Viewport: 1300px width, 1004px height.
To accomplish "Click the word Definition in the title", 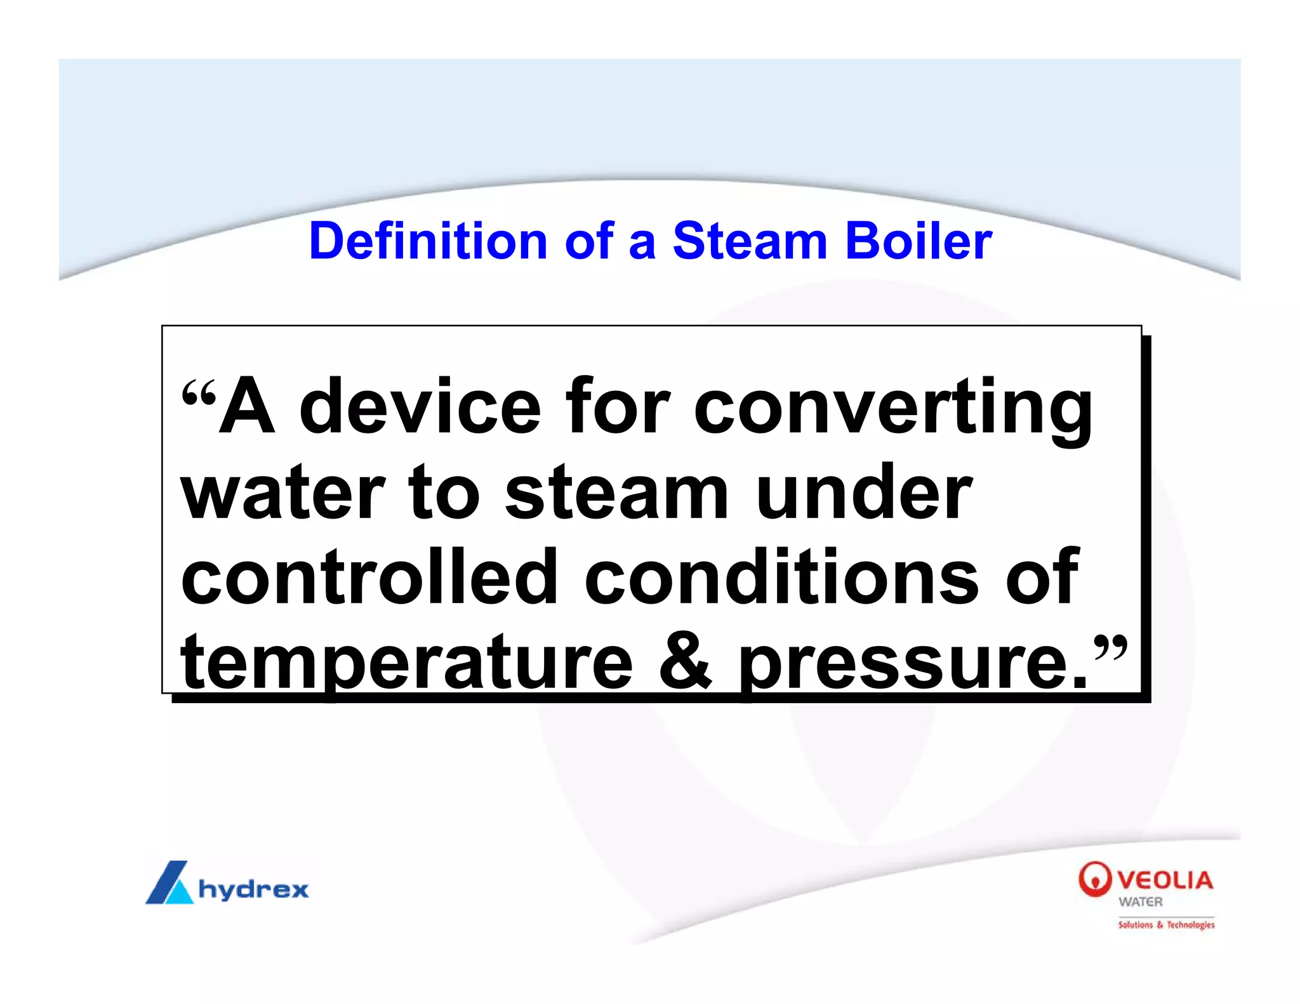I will (428, 241).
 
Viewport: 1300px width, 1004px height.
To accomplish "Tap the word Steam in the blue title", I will (750, 241).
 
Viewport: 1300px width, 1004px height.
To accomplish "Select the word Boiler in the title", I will (919, 241).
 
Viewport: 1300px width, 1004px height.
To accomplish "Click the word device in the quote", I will (420, 406).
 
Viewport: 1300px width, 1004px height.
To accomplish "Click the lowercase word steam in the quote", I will (616, 492).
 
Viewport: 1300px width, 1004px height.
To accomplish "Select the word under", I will (864, 492).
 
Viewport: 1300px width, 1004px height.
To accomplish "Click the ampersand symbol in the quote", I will (686, 661).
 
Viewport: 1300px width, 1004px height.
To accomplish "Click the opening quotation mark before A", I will (199, 395).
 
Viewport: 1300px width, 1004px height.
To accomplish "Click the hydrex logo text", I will (253, 888).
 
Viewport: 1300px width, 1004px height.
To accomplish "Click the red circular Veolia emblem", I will (1094, 879).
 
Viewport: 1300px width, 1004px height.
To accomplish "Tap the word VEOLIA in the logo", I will (1165, 880).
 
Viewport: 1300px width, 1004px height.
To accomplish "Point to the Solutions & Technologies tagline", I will (1166, 925).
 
